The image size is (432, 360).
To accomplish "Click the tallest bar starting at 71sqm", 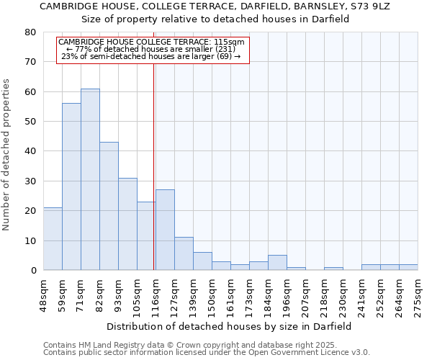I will point(90,180).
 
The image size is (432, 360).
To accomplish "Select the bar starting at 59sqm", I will point(71,187).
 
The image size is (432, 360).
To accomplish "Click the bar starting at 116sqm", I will point(165,230).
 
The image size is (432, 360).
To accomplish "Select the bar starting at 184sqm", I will point(277,263).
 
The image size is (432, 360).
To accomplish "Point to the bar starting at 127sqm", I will point(184,254).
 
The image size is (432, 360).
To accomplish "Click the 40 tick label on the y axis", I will point(30,151).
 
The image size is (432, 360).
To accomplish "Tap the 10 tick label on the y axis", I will point(30,240).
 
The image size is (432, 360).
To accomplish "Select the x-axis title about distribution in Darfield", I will point(229,326).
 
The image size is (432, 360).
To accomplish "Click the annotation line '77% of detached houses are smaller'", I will point(152,49).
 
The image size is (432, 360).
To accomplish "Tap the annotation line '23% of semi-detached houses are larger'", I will point(152,56).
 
